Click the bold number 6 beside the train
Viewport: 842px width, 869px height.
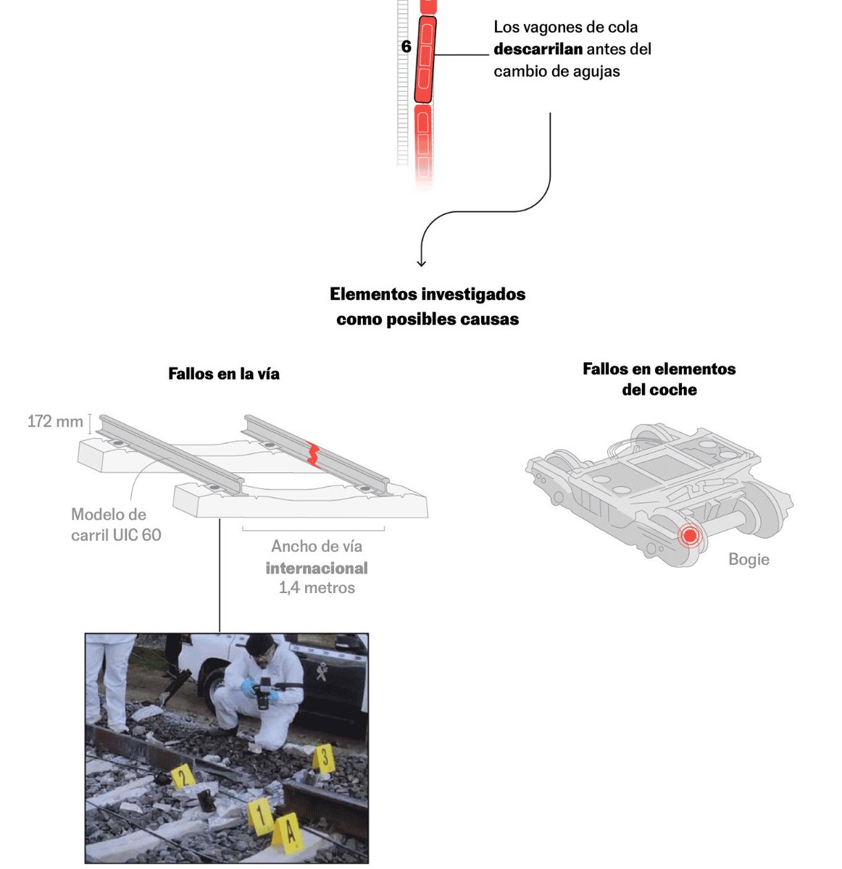pyautogui.click(x=406, y=47)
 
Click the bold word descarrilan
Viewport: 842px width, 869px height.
pyautogui.click(x=538, y=49)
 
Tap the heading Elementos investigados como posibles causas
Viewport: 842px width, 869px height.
pyautogui.click(x=428, y=306)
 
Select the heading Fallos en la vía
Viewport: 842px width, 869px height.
pyautogui.click(x=224, y=374)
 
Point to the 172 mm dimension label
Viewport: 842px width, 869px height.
pyautogui.click(x=55, y=421)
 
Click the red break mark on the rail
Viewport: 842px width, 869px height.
pyautogui.click(x=313, y=453)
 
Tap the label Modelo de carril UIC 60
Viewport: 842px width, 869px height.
pyautogui.click(x=116, y=525)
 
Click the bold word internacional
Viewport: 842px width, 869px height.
pyautogui.click(x=317, y=568)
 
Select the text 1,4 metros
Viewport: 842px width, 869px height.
pyautogui.click(x=317, y=587)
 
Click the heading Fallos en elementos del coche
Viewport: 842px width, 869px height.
pyautogui.click(x=659, y=379)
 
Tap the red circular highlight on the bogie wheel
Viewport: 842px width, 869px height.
pyautogui.click(x=690, y=536)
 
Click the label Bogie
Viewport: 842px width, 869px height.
pyautogui.click(x=749, y=559)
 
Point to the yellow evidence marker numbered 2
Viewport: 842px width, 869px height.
pyautogui.click(x=183, y=776)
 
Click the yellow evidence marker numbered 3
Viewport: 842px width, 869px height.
pyautogui.click(x=325, y=758)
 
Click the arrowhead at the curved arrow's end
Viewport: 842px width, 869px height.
pyautogui.click(x=422, y=264)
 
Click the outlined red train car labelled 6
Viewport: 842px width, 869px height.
pyautogui.click(x=425, y=59)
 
